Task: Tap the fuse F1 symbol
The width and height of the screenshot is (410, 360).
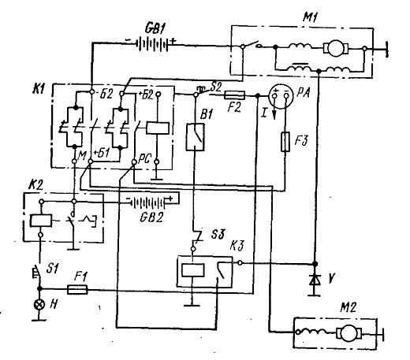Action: (x=77, y=289)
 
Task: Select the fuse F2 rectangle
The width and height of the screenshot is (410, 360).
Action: (x=234, y=95)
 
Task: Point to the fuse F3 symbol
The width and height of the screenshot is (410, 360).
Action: (x=285, y=142)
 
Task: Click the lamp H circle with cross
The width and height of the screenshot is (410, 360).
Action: (x=39, y=304)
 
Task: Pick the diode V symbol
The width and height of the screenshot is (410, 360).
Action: (x=315, y=280)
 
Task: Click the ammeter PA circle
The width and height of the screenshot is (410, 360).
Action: (x=281, y=96)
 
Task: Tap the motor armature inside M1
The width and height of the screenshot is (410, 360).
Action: (x=335, y=48)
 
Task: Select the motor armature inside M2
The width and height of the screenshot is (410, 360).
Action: (x=349, y=333)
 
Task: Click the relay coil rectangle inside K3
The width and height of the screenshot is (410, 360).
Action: (x=193, y=270)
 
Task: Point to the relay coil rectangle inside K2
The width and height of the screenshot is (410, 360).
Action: (x=41, y=221)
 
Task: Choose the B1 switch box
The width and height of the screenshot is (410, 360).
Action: (x=196, y=137)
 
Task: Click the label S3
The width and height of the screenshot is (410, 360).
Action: (x=218, y=234)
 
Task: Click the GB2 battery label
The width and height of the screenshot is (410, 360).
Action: (x=151, y=217)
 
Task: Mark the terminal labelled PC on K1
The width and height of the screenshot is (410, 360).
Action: (x=134, y=162)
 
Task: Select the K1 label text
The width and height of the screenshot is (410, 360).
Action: (x=39, y=89)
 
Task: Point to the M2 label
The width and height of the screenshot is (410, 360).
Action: (x=348, y=307)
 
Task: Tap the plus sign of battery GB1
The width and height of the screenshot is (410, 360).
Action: (x=173, y=41)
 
